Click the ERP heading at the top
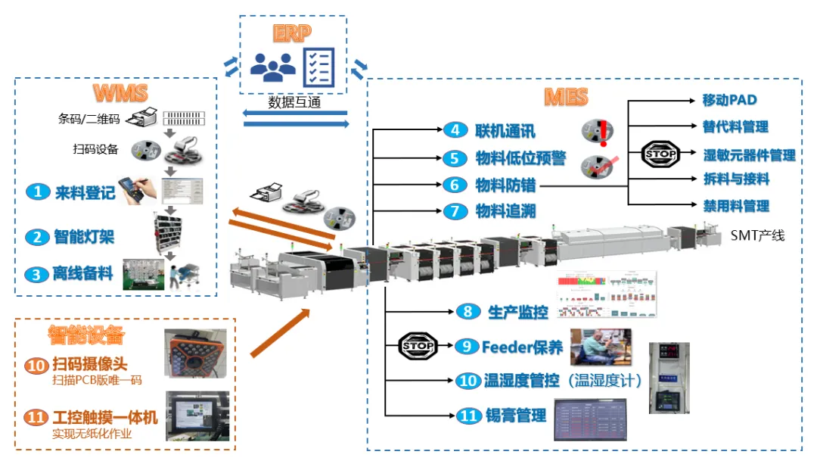tap(292, 34)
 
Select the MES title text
tap(565, 97)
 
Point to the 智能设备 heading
tap(86, 334)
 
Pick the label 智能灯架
tap(85, 237)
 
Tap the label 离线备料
tap(85, 274)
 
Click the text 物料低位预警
tap(520, 158)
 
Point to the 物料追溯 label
tap(505, 211)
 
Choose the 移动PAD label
tap(729, 100)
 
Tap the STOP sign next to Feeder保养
tap(417, 346)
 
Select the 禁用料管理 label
tap(736, 206)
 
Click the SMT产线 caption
tap(757, 235)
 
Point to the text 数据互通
tap(294, 102)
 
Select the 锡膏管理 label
tap(515, 415)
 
